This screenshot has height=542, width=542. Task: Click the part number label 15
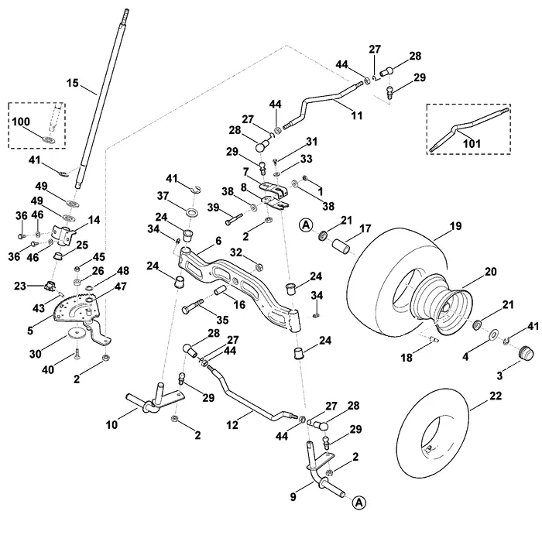coord(73,84)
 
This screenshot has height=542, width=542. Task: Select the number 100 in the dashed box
coord(21,122)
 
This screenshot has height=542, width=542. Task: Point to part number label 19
coord(455,226)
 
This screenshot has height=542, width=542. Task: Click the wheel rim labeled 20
coord(442,304)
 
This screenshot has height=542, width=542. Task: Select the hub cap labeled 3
coord(526,352)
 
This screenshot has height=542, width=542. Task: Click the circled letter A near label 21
coord(306,225)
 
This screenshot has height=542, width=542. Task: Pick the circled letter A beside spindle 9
coord(359,503)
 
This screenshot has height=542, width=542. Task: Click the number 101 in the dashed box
coord(472,143)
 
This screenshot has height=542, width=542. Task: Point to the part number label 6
coord(218,241)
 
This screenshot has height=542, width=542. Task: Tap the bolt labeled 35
coord(193,307)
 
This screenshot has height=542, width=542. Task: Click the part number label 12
coord(232,425)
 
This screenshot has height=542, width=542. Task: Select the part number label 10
coord(111,425)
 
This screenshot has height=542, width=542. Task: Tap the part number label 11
coord(357,115)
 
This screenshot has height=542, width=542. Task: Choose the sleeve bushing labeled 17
coord(341,246)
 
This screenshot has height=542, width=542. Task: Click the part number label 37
coord(163,196)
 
